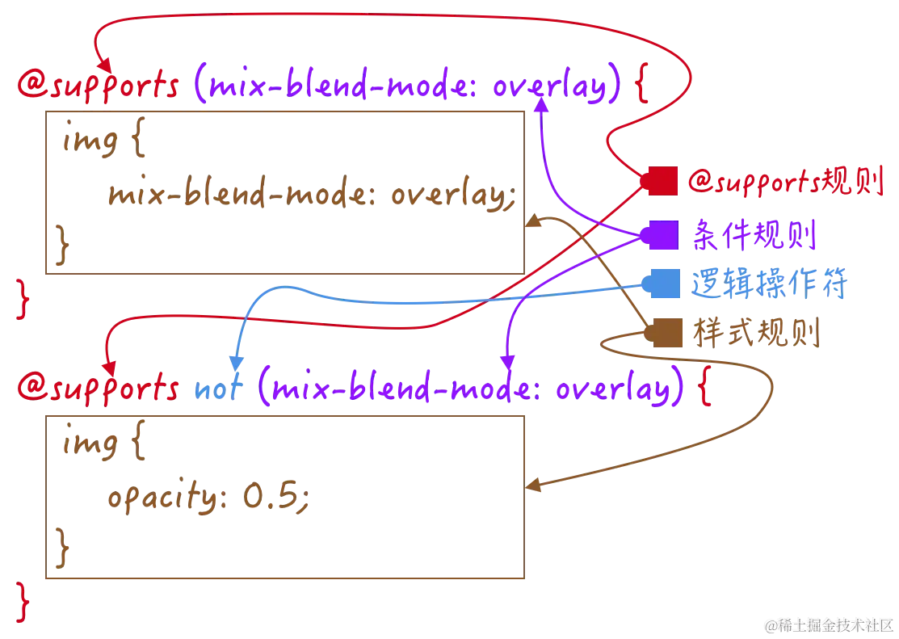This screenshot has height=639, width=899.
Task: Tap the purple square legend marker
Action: pos(662,235)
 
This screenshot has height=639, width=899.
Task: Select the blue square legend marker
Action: pos(662,284)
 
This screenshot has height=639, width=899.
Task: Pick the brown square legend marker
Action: pos(662,332)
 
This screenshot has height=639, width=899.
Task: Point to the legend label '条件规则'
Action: pos(755,236)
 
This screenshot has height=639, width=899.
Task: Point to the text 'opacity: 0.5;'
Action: pos(207,498)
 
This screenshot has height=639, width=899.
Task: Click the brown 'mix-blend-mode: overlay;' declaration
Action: pos(310,195)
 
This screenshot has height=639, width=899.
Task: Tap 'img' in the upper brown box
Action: pos(91,143)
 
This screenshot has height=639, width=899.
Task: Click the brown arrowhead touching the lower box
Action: pos(533,486)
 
